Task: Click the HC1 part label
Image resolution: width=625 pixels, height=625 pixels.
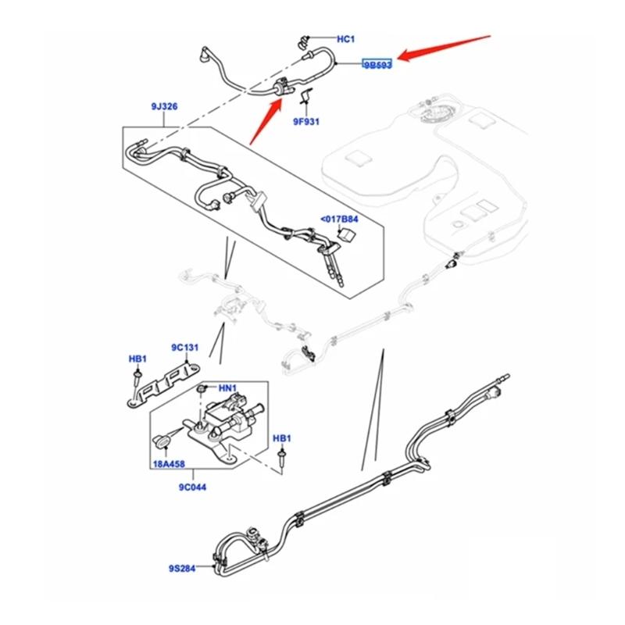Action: (x=345, y=38)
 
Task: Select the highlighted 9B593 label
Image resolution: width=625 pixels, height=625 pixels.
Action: (x=377, y=65)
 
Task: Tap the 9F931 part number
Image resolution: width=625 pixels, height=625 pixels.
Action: (x=307, y=121)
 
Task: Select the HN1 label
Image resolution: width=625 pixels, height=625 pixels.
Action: (x=227, y=387)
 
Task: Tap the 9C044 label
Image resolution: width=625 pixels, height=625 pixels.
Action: (x=191, y=487)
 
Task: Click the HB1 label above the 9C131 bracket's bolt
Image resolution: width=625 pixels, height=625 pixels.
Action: (x=137, y=359)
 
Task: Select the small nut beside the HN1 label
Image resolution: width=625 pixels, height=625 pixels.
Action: (x=202, y=387)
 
